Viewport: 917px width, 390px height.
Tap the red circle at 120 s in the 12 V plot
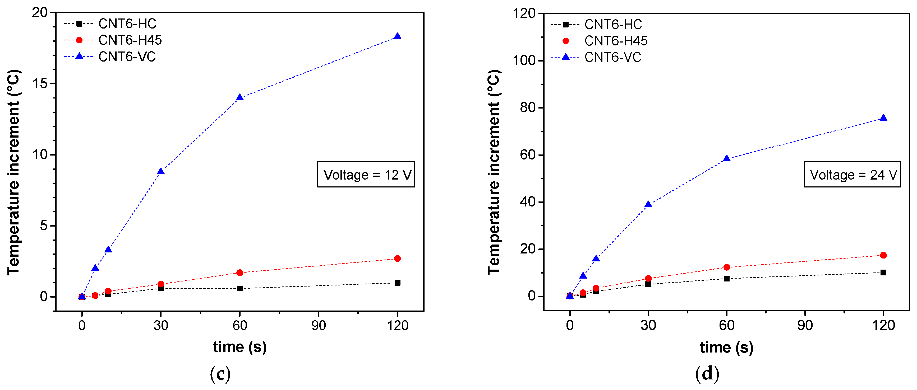click(397, 259)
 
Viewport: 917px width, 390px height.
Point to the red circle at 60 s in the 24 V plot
click(727, 267)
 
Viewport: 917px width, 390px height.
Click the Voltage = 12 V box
click(366, 175)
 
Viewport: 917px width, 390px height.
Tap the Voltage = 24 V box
click(852, 175)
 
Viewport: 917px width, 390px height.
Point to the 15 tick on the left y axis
click(40, 84)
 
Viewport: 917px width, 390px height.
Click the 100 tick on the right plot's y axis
click(524, 61)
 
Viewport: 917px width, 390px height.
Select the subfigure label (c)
click(220, 374)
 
